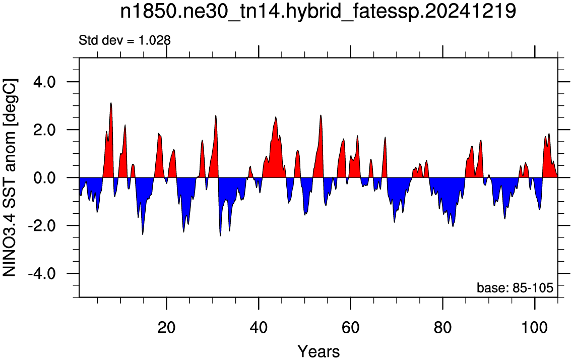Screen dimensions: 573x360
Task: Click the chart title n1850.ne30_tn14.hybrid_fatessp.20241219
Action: (318, 12)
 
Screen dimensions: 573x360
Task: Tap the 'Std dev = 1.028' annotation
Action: (124, 40)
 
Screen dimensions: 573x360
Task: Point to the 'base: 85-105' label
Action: (515, 287)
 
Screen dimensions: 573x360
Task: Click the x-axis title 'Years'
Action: (319, 351)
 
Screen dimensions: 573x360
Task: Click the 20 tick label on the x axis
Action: (166, 327)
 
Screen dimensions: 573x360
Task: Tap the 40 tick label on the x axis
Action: (259, 327)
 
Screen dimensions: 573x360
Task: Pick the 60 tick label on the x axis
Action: (350, 327)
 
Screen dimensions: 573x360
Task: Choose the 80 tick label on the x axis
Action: (442, 327)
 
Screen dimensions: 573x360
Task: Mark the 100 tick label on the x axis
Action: (535, 327)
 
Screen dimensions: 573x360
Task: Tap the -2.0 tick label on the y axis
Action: (42, 225)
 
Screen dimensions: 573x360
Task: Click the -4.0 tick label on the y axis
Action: (42, 273)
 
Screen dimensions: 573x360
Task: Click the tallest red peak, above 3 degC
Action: (111, 103)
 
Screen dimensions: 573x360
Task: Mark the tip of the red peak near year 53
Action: (321, 115)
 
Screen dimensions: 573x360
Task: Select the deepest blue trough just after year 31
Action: (220, 236)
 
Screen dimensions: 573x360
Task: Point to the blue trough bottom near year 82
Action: (453, 226)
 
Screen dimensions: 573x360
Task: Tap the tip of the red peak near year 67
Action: (385, 138)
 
